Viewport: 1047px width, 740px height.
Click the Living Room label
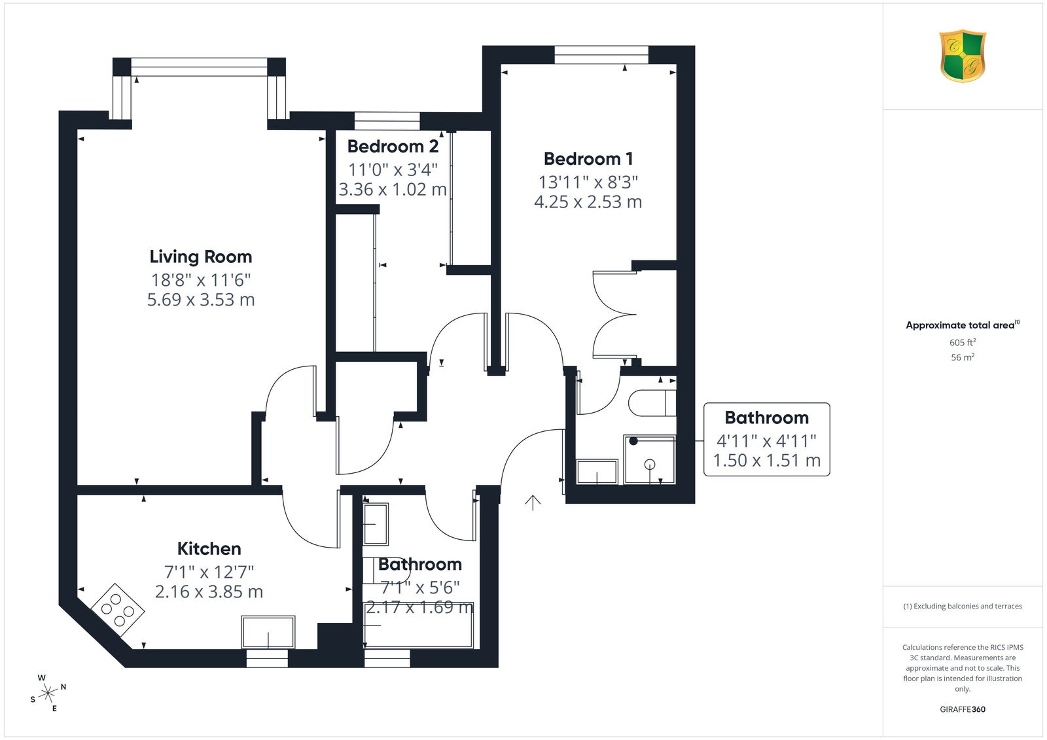pyautogui.click(x=200, y=256)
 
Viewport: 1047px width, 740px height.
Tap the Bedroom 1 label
pyautogui.click(x=588, y=159)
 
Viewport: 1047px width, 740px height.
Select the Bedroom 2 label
pyautogui.click(x=393, y=147)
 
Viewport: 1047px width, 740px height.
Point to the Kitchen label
pyautogui.click(x=209, y=548)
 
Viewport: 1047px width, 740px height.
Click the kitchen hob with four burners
pyautogui.click(x=117, y=610)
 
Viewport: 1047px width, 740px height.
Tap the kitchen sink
pyautogui.click(x=268, y=632)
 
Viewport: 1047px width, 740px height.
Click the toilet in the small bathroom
pyautogui.click(x=652, y=402)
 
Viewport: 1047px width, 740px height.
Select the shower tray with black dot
pyautogui.click(x=649, y=459)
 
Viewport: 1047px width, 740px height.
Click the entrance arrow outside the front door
pyautogui.click(x=533, y=502)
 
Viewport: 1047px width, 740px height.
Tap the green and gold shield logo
pyautogui.click(x=963, y=56)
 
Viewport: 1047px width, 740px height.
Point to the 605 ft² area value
pyautogui.click(x=963, y=342)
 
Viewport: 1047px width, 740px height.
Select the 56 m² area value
pyautogui.click(x=963, y=357)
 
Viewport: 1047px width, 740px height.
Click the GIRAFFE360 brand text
pyautogui.click(x=963, y=709)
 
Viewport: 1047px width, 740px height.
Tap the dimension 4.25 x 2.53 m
pyautogui.click(x=588, y=202)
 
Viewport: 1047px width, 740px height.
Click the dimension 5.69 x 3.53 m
pyautogui.click(x=201, y=300)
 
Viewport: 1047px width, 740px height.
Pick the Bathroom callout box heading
pyautogui.click(x=766, y=417)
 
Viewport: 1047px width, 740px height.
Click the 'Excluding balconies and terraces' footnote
pyautogui.click(x=963, y=607)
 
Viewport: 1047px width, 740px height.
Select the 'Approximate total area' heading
pyautogui.click(x=963, y=325)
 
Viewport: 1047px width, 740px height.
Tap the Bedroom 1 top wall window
pyautogui.click(x=601, y=55)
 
